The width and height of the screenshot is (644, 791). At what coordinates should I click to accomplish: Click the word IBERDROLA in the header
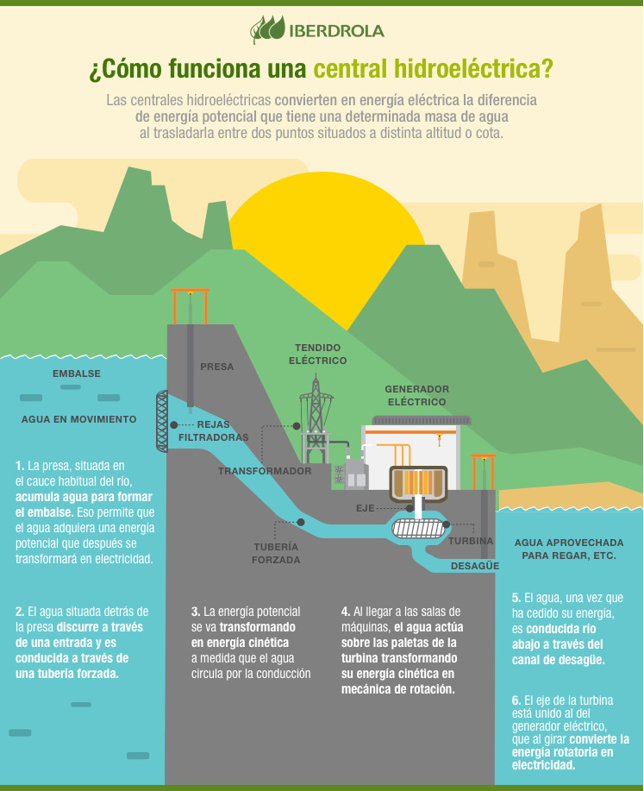(x=337, y=31)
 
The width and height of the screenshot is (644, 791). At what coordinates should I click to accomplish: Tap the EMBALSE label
(x=77, y=374)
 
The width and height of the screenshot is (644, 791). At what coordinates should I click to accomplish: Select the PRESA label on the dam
(x=217, y=367)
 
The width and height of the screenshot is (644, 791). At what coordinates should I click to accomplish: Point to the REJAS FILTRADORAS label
(x=213, y=431)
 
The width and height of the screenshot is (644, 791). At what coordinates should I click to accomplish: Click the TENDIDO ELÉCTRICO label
(x=318, y=355)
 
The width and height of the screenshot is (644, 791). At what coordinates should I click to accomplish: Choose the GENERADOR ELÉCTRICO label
(x=417, y=395)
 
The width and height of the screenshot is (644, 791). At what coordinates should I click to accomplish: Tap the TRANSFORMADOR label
(x=265, y=472)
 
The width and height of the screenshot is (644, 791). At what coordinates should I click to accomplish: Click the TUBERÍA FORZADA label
(x=276, y=553)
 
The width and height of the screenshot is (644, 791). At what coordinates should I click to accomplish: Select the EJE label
(x=366, y=508)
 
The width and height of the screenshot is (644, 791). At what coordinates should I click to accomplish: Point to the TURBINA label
(x=471, y=541)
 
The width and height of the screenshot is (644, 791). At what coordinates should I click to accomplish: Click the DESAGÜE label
(x=475, y=566)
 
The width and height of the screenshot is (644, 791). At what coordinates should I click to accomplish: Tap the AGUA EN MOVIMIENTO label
(x=79, y=419)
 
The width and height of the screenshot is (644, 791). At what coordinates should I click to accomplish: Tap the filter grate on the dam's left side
(x=161, y=421)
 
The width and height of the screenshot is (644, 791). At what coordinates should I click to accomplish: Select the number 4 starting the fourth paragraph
(x=345, y=612)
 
